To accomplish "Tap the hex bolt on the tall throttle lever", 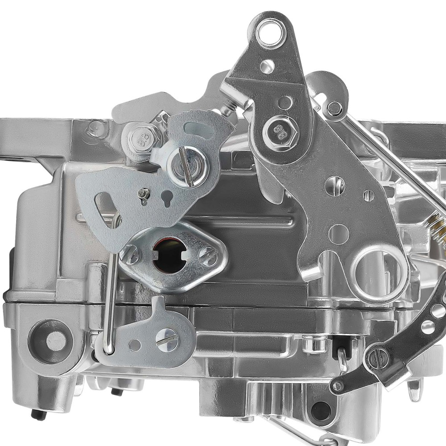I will pos(280,130).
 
